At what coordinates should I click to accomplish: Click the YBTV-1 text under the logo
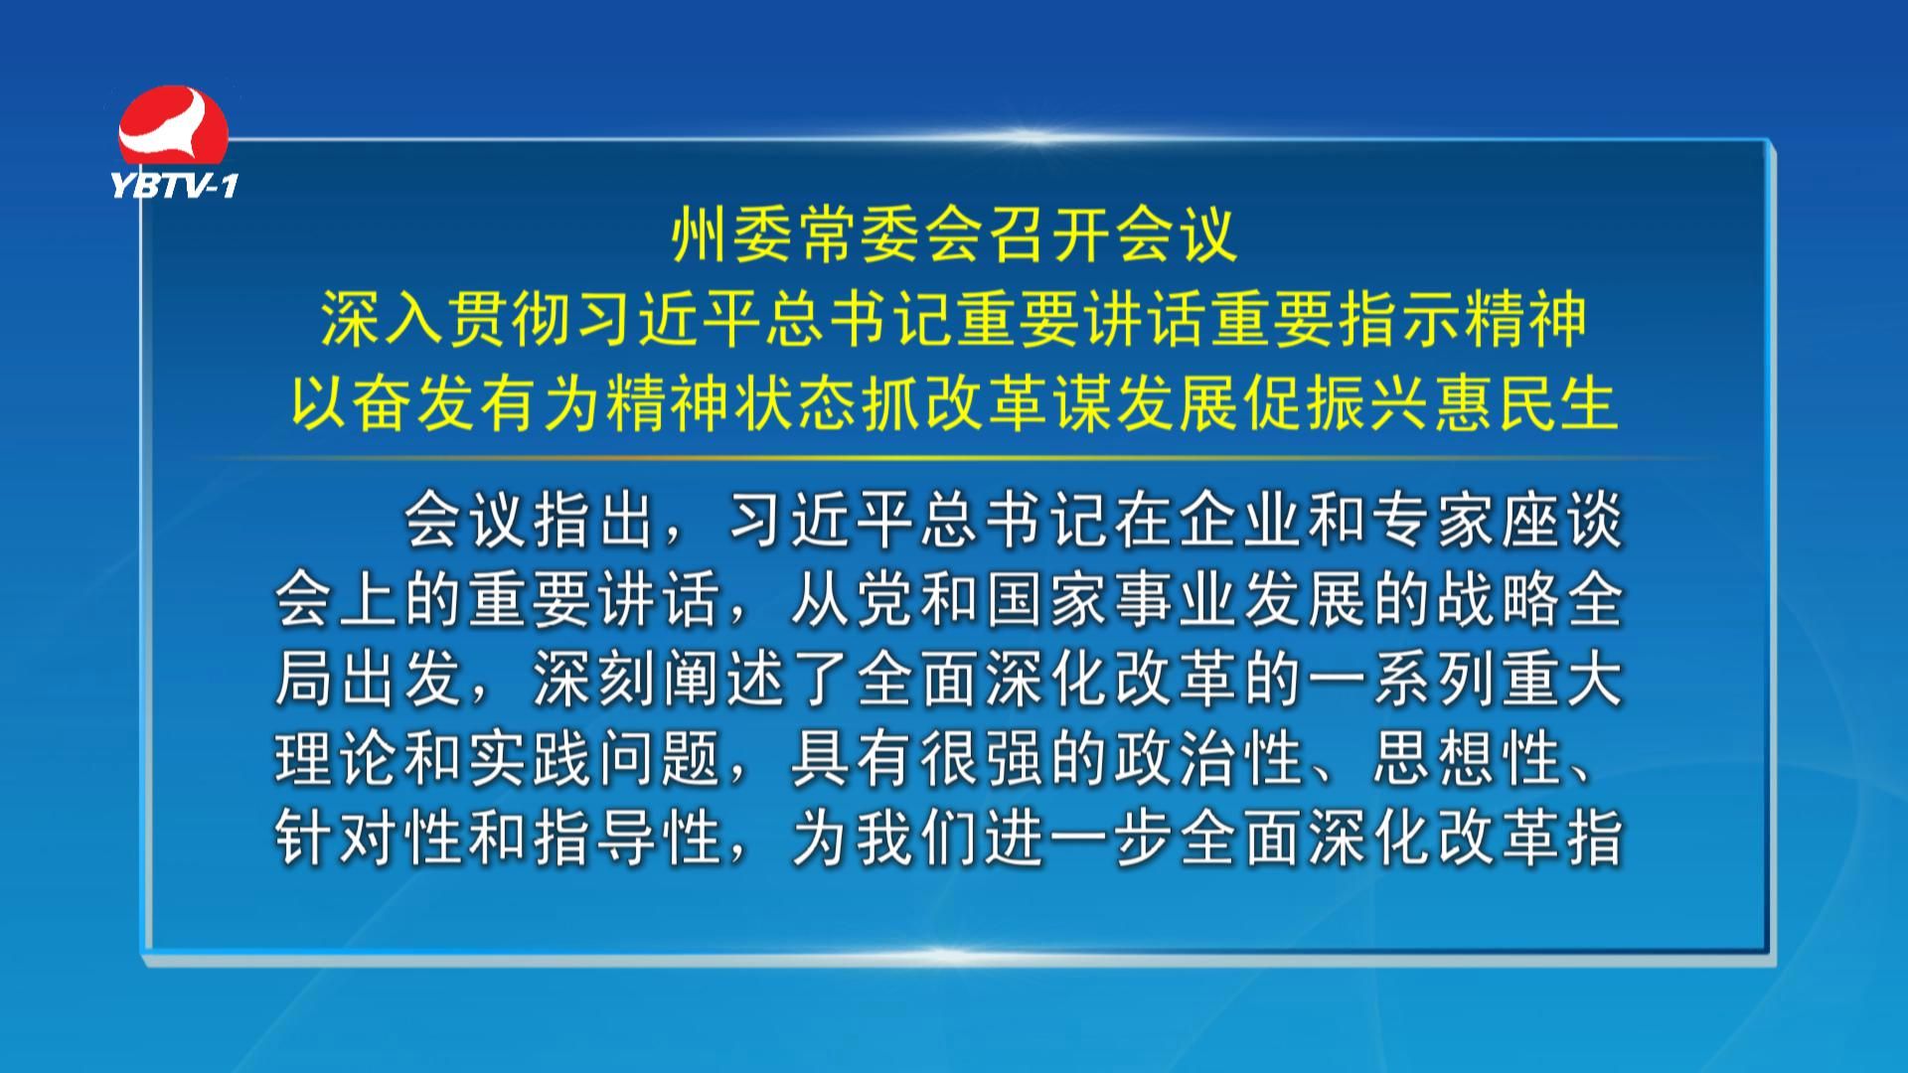point(175,185)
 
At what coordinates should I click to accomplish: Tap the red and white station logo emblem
point(173,126)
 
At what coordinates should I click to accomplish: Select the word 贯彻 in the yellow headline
point(510,321)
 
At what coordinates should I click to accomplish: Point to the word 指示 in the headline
point(1400,321)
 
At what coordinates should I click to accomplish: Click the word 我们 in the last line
point(916,838)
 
